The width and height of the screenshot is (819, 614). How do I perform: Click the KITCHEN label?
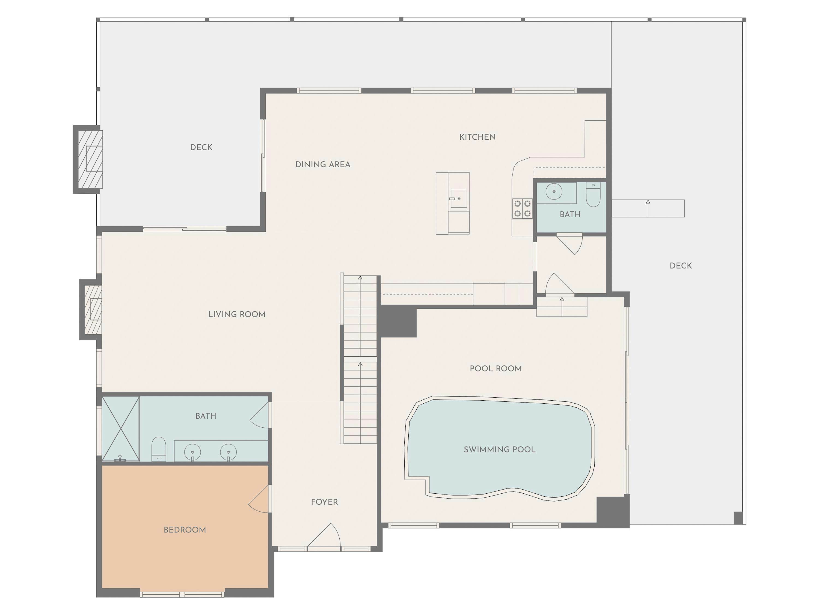tap(477, 137)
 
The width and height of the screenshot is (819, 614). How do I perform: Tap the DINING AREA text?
tap(322, 164)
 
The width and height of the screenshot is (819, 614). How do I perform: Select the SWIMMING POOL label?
tap(500, 449)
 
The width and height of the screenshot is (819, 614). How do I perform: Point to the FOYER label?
tap(324, 502)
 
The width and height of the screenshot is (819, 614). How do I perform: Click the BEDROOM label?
tap(185, 530)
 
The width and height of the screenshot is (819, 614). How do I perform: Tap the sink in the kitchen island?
tap(458, 199)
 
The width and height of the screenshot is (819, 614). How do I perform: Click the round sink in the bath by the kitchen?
tap(554, 191)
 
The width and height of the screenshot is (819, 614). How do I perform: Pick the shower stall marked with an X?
tap(121, 429)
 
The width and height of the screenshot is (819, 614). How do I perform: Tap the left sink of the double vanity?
tap(192, 452)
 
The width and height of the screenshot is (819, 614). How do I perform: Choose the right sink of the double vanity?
tap(228, 452)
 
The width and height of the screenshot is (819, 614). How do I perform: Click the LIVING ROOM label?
tap(237, 314)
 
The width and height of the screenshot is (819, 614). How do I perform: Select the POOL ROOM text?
tap(495, 369)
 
